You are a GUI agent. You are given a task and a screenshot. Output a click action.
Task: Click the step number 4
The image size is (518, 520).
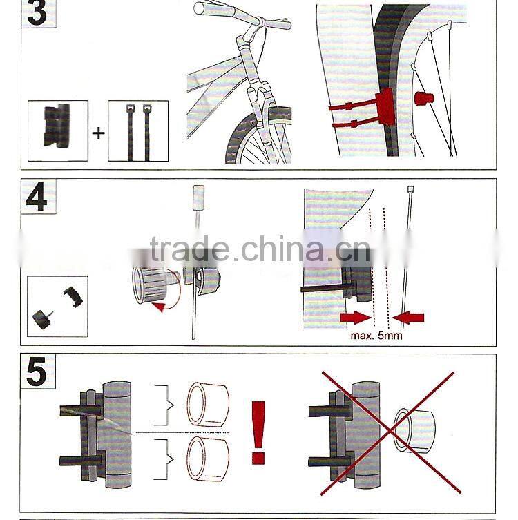tap(36, 198)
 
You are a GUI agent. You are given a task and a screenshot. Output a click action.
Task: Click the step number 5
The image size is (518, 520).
tap(36, 373)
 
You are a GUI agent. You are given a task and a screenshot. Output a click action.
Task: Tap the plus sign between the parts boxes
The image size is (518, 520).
tap(98, 133)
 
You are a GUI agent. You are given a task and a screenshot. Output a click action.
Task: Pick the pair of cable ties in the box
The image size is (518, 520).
tap(138, 131)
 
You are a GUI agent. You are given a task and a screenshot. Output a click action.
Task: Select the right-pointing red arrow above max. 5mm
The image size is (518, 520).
tap(355, 318)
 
